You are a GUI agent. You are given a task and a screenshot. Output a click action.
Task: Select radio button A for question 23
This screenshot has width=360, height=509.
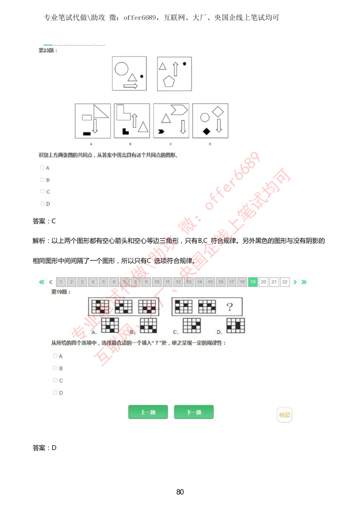pos(42,168)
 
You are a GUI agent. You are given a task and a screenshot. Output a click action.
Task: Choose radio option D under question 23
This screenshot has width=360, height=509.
pos(42,203)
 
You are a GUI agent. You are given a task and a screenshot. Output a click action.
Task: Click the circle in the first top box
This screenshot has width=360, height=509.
pos(121,69)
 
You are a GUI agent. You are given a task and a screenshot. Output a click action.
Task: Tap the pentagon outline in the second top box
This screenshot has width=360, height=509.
pos(169,81)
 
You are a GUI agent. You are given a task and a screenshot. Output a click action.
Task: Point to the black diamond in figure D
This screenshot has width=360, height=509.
pos(206,131)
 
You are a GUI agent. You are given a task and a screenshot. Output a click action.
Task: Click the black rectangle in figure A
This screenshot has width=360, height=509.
pos(87,133)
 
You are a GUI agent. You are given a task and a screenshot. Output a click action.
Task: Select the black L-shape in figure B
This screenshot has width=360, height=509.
pos(126,131)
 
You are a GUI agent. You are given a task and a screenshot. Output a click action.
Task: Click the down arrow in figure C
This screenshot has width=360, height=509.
pos(183,127)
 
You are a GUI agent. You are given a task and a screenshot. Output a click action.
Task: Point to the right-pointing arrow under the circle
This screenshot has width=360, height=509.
pos(130,86)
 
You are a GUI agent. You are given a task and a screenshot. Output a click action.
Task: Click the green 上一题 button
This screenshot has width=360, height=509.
pos(148,412)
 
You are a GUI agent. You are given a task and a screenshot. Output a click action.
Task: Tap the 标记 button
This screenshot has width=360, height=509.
pos(284,415)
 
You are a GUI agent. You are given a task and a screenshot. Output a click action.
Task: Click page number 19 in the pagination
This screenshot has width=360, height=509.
pos(253,282)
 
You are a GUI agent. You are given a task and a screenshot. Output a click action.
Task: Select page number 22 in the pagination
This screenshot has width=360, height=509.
pos(284,282)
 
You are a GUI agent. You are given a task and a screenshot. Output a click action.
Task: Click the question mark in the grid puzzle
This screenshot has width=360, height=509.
pos(229,307)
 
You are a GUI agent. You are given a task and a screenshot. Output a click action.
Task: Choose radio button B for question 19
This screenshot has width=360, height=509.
pos(55,368)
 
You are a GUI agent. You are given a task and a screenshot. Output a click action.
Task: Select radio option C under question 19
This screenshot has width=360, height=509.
pos(55,380)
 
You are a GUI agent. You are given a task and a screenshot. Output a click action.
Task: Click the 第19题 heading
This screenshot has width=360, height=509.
pos(61,292)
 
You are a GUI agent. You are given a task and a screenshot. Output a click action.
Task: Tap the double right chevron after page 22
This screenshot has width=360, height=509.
pos(304,282)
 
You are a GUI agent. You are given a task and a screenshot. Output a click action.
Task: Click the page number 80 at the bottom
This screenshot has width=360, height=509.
pos(180,491)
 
